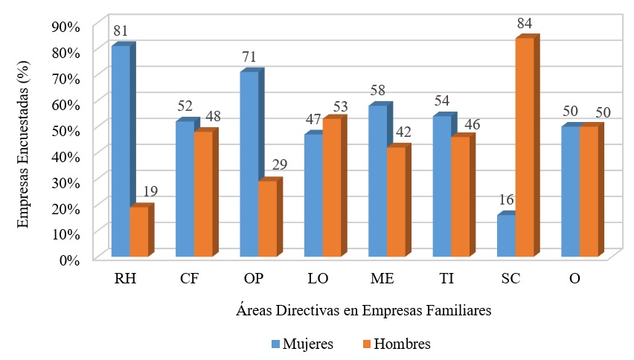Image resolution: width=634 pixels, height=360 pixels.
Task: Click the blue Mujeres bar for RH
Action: [x=121, y=152]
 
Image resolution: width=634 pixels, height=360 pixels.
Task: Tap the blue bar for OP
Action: [x=249, y=164]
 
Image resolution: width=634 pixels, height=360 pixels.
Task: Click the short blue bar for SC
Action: [x=506, y=236]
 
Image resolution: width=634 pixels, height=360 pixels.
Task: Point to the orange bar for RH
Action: [x=139, y=232]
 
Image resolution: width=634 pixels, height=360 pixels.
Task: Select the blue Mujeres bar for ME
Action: [x=377, y=181]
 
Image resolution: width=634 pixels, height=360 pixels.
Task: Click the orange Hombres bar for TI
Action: [x=460, y=197]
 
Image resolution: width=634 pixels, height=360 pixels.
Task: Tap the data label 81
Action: [x=121, y=31]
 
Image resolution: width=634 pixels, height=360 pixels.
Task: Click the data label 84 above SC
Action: [x=525, y=24]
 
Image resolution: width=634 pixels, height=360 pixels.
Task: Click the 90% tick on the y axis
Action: [x=65, y=27]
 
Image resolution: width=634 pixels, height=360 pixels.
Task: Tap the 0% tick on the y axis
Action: [x=68, y=259]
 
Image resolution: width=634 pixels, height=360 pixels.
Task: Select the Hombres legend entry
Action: [x=395, y=344]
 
